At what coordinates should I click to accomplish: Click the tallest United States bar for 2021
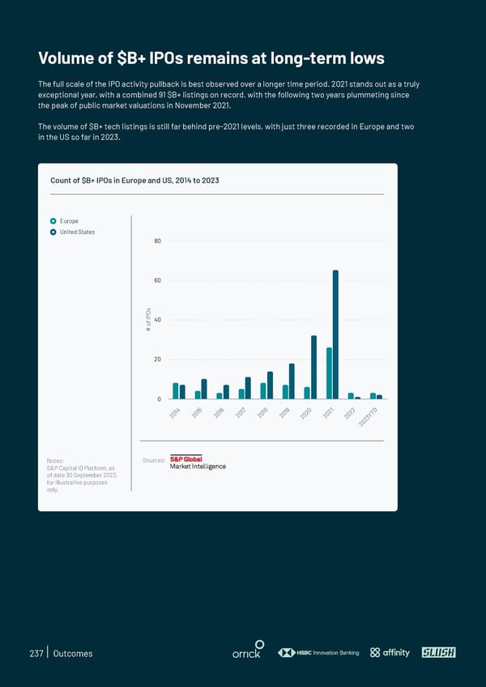click(335, 334)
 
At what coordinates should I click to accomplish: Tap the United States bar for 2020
click(313, 367)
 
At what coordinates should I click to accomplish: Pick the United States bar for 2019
click(292, 381)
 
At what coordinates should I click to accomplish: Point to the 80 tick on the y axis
click(156, 241)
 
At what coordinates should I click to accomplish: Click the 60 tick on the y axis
click(156, 280)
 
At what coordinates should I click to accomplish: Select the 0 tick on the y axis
click(159, 399)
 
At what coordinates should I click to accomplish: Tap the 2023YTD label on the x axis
click(370, 419)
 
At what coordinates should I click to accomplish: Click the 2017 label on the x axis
click(241, 414)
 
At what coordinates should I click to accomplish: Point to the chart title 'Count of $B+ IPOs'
click(134, 180)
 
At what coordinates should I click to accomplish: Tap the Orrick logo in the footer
click(246, 653)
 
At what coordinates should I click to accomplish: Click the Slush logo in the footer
click(438, 653)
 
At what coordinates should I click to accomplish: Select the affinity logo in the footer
click(390, 653)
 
